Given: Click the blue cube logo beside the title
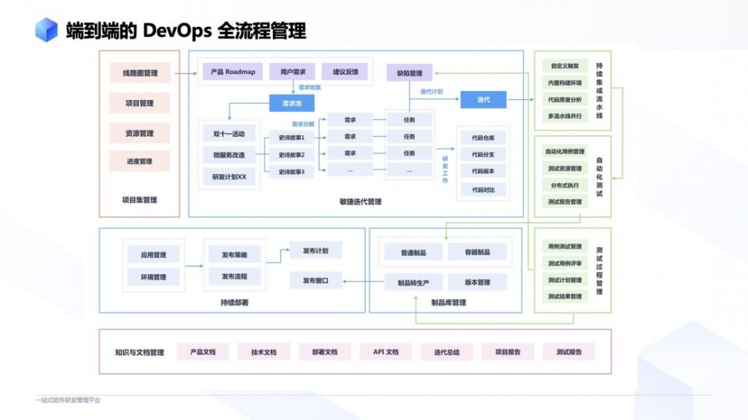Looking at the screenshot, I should click(x=46, y=30).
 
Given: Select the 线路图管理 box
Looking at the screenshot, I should click(x=140, y=73).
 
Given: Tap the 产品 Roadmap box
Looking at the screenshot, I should click(x=233, y=72).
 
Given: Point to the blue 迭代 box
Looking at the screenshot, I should click(x=484, y=99).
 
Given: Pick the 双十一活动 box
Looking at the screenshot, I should click(x=229, y=135).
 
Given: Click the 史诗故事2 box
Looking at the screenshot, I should click(x=292, y=155).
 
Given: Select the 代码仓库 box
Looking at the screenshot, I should click(x=483, y=138).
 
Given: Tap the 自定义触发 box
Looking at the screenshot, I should click(x=565, y=66).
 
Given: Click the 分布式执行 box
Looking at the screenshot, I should click(x=565, y=185).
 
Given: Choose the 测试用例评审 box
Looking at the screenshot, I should click(x=565, y=264).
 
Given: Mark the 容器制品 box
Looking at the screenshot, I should click(x=478, y=253).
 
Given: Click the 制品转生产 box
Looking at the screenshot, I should click(x=414, y=282).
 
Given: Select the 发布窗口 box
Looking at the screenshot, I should click(x=316, y=280).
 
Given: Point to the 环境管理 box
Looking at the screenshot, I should click(x=153, y=277).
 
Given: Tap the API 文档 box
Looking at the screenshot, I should click(x=386, y=351).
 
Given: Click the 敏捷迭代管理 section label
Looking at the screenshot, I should click(x=360, y=201).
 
